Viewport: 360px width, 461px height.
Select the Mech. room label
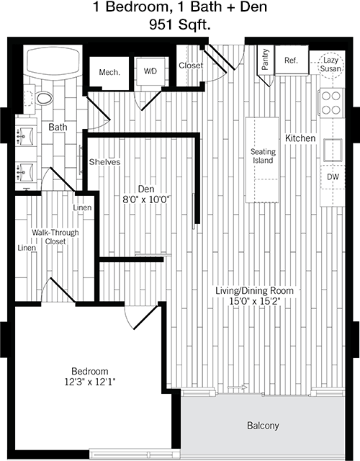[x=109, y=72]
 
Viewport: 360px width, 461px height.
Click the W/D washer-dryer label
[x=150, y=71]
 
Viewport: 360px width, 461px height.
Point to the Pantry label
[x=266, y=59]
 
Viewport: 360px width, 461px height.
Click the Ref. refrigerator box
[x=292, y=60]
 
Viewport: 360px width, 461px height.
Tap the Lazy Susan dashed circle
[x=331, y=65]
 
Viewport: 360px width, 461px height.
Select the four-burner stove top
[x=331, y=102]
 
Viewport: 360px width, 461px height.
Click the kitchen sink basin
[x=333, y=151]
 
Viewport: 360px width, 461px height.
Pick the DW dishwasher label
[x=333, y=176]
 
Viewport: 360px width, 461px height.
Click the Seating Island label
[x=263, y=156]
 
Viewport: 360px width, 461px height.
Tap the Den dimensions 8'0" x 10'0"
[x=147, y=200]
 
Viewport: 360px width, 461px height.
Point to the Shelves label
[x=104, y=161]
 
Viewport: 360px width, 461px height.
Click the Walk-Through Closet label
[x=55, y=237]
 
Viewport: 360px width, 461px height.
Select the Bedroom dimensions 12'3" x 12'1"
[x=90, y=382]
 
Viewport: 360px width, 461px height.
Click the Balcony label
[x=263, y=426]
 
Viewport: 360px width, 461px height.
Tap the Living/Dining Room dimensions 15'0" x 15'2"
[x=254, y=301]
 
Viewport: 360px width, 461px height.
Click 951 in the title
[x=161, y=24]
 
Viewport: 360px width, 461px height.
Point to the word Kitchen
[x=300, y=138]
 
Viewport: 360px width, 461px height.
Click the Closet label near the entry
[x=191, y=66]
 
